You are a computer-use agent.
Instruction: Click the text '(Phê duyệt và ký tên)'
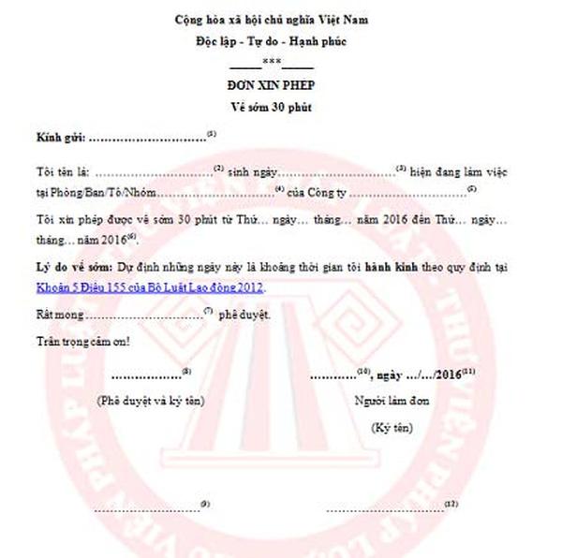151,401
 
